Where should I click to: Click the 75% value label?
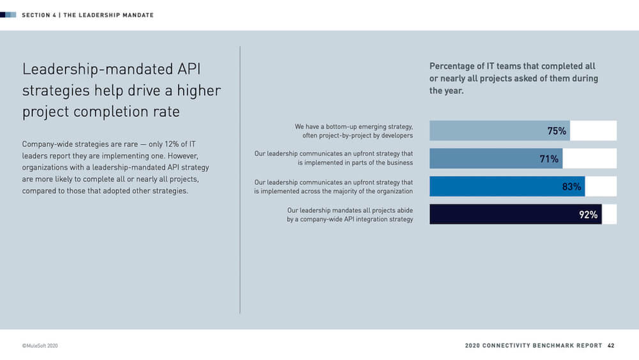(x=557, y=131)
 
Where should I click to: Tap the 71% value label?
(x=549, y=159)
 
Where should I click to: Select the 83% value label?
(x=571, y=187)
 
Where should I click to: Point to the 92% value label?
(x=588, y=215)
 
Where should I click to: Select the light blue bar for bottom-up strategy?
(x=486, y=131)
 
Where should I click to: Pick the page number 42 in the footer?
(x=611, y=345)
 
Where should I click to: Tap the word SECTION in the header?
(x=36, y=15)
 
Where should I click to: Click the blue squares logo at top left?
(x=8, y=15)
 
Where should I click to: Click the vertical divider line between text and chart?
(x=240, y=179)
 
